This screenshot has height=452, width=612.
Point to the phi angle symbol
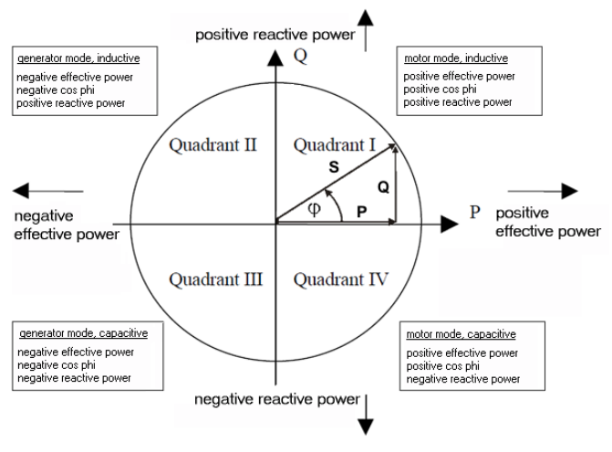coord(313,209)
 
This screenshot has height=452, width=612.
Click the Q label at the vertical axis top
coord(296,54)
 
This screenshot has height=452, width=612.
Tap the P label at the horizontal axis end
coord(474,213)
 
